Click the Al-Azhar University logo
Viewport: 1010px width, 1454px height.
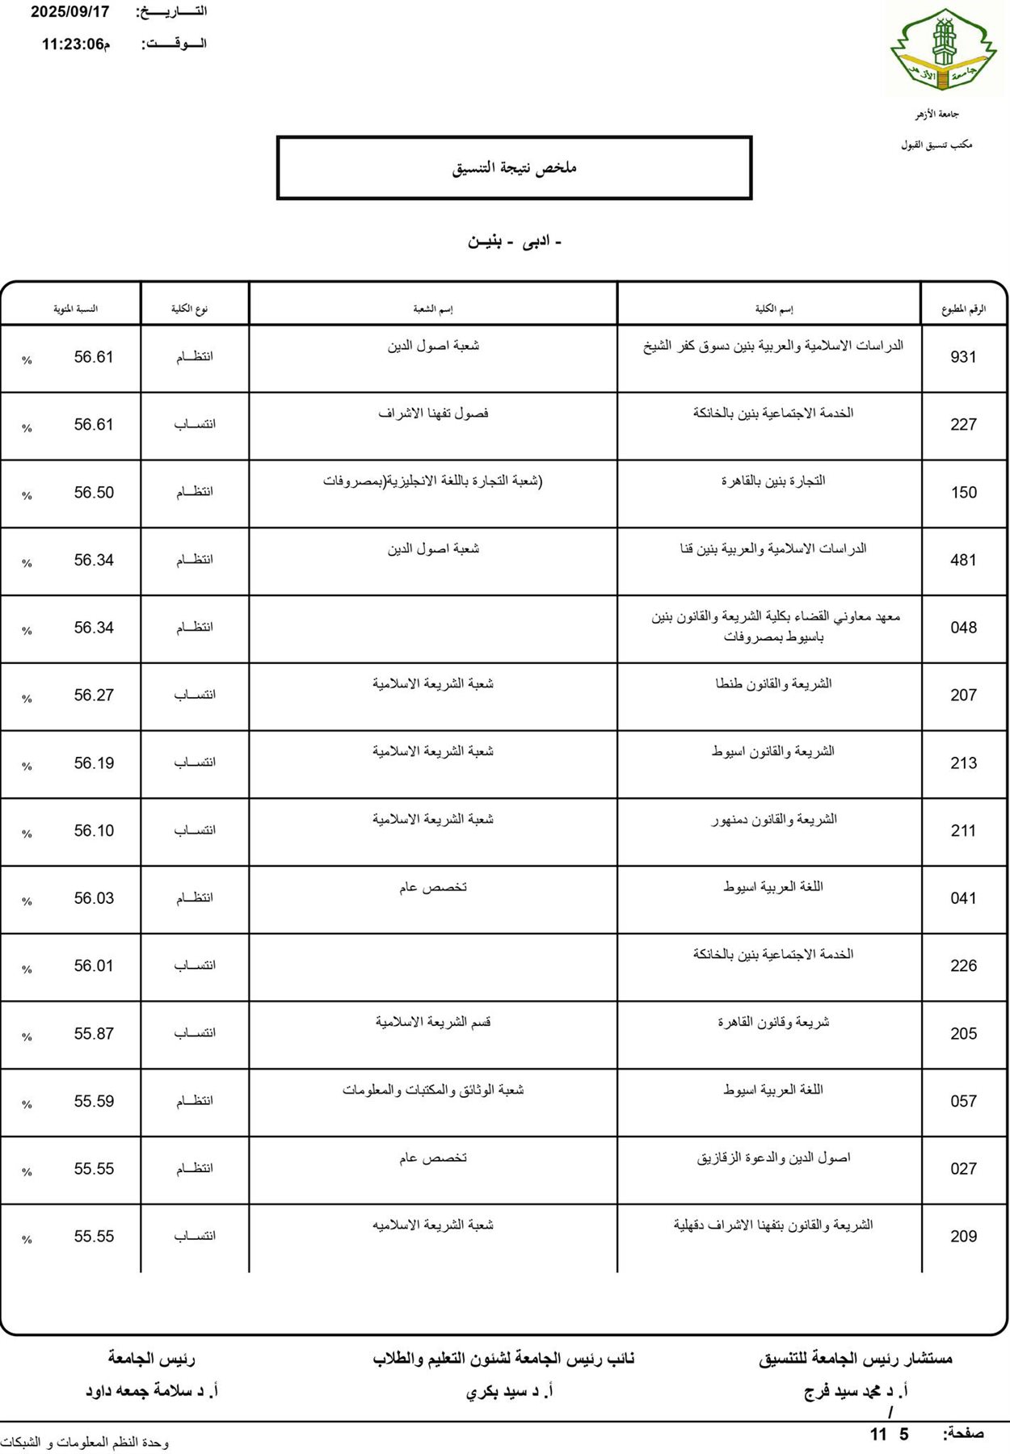point(944,51)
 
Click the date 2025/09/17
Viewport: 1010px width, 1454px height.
point(69,12)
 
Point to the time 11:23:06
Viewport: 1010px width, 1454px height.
point(73,44)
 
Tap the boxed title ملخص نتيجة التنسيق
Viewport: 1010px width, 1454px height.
point(514,168)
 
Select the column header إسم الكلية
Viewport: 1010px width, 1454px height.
point(773,309)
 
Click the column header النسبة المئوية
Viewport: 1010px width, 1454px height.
point(75,309)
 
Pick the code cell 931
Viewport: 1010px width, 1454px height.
point(963,357)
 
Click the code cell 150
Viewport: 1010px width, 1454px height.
point(963,493)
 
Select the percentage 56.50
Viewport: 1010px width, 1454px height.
point(94,493)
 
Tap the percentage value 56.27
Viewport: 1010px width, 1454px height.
point(94,695)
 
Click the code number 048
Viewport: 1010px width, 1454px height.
point(963,628)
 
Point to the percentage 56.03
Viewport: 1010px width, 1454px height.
point(94,898)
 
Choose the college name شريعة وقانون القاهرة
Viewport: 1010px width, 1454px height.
point(773,1023)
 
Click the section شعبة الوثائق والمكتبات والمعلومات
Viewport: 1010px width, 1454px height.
point(433,1090)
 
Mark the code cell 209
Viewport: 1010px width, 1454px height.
point(963,1237)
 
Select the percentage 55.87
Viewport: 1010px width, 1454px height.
point(94,1034)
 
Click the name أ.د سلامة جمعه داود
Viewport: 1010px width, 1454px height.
point(152,1391)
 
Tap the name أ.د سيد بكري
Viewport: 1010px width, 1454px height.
point(509,1391)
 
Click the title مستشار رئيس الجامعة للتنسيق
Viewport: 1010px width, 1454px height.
point(855,1359)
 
